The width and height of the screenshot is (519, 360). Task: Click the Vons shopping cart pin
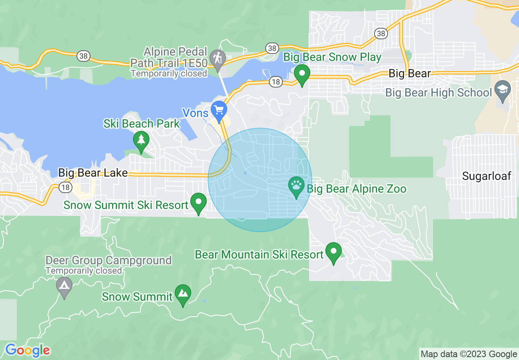click(x=219, y=110)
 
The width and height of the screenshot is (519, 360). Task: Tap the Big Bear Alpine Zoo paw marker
click(x=296, y=186)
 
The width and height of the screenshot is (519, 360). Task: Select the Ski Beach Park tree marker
click(x=141, y=140)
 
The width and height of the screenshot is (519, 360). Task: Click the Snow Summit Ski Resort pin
click(x=199, y=202)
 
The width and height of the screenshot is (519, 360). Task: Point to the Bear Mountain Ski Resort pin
click(x=333, y=252)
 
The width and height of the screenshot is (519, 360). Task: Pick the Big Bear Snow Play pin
click(x=302, y=74)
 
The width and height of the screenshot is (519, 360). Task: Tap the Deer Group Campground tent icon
click(x=64, y=286)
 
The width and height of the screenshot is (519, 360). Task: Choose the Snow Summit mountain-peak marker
click(x=183, y=293)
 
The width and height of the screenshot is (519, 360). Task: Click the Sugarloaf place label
click(x=487, y=176)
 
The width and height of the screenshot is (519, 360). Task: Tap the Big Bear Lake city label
click(x=93, y=173)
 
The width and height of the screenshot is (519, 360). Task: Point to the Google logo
click(x=28, y=350)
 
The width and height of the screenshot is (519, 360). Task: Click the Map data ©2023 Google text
click(x=469, y=354)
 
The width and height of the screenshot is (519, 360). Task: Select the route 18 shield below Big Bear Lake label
click(x=65, y=187)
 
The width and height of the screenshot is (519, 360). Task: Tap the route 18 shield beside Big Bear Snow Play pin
click(x=276, y=82)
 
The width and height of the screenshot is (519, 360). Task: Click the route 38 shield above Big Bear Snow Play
click(x=272, y=48)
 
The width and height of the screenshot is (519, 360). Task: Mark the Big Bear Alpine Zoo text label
click(x=357, y=189)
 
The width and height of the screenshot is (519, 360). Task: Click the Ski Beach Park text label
click(x=142, y=124)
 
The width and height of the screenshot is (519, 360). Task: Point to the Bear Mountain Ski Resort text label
click(x=259, y=255)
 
